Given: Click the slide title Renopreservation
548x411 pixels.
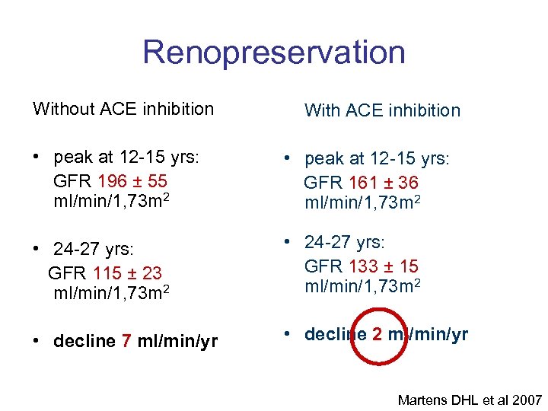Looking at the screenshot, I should pyautogui.click(x=274, y=53).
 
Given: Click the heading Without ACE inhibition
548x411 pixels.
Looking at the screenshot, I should pyautogui.click(x=123, y=109).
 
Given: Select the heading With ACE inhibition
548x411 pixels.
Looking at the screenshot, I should pyautogui.click(x=382, y=110).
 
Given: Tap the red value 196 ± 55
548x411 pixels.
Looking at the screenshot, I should pyautogui.click(x=132, y=182).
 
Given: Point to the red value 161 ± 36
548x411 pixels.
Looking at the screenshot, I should pyautogui.click(x=382, y=183).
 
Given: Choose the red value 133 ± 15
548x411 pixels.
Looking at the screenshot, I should pyautogui.click(x=382, y=266).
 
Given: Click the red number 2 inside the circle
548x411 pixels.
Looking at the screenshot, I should pyautogui.click(x=378, y=334).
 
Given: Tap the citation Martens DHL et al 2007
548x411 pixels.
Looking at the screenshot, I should pyautogui.click(x=470, y=400).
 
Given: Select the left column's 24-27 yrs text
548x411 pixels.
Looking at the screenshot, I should pyautogui.click(x=94, y=250).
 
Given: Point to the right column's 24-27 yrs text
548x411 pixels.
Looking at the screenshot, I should pyautogui.click(x=346, y=243).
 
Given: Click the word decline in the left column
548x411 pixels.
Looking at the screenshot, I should pyautogui.click(x=84, y=341).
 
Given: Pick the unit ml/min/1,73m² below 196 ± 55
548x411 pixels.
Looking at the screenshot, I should pyautogui.click(x=111, y=202).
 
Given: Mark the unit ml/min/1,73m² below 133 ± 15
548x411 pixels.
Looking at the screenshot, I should pyautogui.click(x=362, y=287).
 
